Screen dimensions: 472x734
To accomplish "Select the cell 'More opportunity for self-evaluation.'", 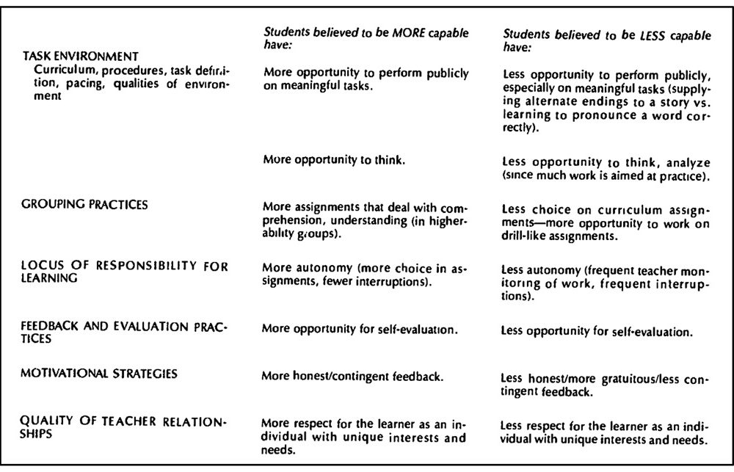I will point(360,329).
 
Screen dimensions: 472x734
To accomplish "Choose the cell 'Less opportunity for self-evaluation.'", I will point(597,333).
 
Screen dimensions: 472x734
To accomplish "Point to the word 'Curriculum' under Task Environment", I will point(60,71).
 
